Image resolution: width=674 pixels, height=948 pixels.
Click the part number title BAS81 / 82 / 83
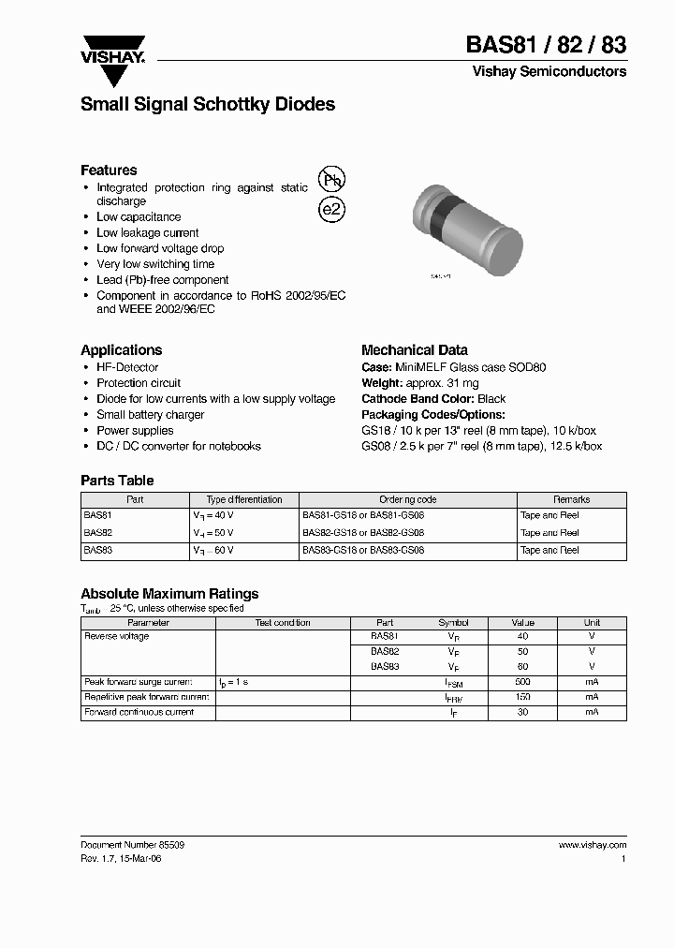(546, 44)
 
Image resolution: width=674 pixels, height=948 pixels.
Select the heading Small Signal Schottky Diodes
(208, 105)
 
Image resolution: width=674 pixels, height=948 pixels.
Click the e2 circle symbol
(332, 209)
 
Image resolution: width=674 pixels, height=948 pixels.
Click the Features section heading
(109, 170)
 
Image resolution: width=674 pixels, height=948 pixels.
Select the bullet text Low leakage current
(148, 232)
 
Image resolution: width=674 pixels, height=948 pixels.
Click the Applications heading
(121, 349)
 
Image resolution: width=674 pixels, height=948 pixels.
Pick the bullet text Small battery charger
(150, 414)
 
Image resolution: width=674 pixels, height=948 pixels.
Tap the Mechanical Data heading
(414, 349)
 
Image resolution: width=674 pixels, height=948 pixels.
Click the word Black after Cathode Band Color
(491, 398)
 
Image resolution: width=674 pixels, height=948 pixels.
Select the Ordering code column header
(407, 499)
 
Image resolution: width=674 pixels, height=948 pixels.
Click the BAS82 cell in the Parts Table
(97, 532)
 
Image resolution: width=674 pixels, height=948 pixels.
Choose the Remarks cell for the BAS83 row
(549, 550)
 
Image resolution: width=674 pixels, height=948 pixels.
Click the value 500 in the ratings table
(522, 682)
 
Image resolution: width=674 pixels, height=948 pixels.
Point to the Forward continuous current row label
(139, 712)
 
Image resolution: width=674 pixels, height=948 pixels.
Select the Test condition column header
(283, 622)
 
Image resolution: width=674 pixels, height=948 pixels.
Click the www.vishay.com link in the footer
(593, 844)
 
